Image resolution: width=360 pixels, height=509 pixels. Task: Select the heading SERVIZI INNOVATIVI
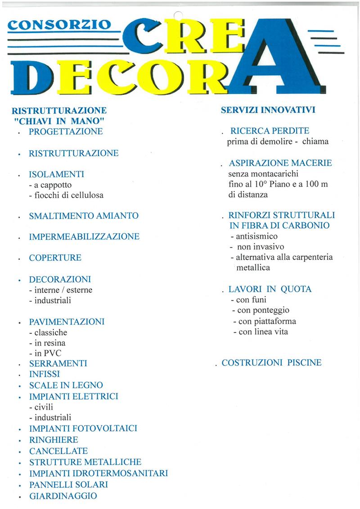tap(268, 110)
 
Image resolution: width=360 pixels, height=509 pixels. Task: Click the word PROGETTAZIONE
tap(66, 131)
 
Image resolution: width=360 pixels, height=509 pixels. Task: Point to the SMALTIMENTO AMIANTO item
tap(83, 216)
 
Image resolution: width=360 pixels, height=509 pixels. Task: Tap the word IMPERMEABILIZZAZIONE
tap(84, 236)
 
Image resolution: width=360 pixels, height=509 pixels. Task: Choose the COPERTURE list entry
tap(55, 258)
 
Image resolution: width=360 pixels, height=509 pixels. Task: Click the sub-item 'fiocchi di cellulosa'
tap(66, 195)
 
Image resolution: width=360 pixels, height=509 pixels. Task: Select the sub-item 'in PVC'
tap(45, 353)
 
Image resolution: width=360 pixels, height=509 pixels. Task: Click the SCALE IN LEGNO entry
tap(66, 385)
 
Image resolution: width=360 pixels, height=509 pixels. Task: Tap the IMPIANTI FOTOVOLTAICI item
tap(83, 428)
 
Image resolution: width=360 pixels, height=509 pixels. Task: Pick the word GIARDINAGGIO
tap(63, 496)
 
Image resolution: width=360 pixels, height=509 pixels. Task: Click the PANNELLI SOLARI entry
tap(68, 485)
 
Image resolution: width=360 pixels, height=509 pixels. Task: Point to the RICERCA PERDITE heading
tap(270, 131)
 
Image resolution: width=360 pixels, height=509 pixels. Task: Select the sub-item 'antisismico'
tap(254, 236)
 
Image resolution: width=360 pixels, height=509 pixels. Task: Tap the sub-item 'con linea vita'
tap(261, 332)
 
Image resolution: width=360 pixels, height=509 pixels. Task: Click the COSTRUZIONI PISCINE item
tap(272, 362)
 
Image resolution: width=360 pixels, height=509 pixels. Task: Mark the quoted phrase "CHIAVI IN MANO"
tap(59, 121)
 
